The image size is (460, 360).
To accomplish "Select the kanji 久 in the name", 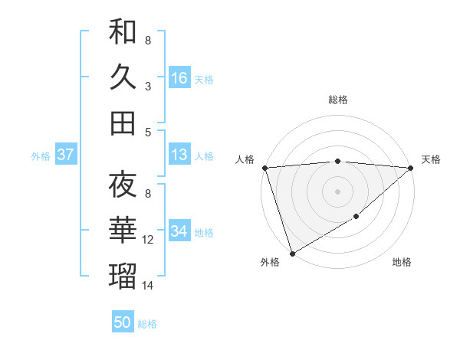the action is pyautogui.click(x=123, y=77).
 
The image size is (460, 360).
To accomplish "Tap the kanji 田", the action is pyautogui.click(x=123, y=123).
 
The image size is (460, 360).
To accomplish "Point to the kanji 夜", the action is pyautogui.click(x=123, y=185).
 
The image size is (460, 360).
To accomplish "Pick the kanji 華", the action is pyautogui.click(x=123, y=231).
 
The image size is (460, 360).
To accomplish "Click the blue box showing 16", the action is pyautogui.click(x=179, y=77).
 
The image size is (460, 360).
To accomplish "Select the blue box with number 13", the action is pyautogui.click(x=179, y=155).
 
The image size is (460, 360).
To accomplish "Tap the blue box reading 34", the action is pyautogui.click(x=179, y=231).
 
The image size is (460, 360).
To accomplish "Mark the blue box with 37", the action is pyautogui.click(x=66, y=155).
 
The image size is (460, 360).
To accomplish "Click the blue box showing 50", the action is pyautogui.click(x=123, y=322).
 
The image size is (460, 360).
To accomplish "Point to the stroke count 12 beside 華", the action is pyautogui.click(x=148, y=240).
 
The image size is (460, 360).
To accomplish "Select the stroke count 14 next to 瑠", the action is pyautogui.click(x=148, y=286).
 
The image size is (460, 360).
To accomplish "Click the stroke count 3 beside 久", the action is pyautogui.click(x=148, y=87).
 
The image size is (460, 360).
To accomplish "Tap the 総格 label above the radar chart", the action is pyautogui.click(x=338, y=100).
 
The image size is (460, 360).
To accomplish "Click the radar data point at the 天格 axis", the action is pyautogui.click(x=411, y=168).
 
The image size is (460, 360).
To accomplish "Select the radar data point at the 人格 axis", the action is pyautogui.click(x=264, y=168).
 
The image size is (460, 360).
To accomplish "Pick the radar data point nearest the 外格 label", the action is pyautogui.click(x=292, y=253).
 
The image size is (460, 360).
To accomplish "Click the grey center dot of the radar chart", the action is pyautogui.click(x=338, y=191).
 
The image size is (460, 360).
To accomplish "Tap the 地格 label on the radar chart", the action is pyautogui.click(x=402, y=263).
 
